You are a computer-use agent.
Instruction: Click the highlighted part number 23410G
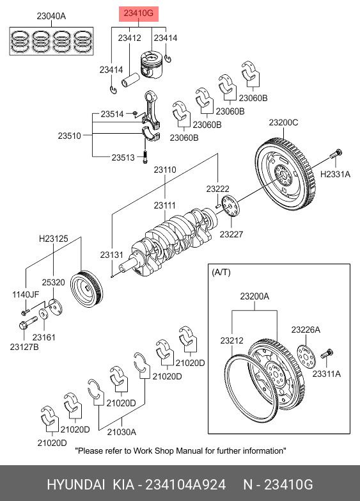click(139, 13)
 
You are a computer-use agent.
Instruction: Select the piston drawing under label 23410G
click(151, 65)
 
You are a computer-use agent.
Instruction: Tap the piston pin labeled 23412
click(130, 80)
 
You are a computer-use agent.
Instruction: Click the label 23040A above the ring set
click(51, 16)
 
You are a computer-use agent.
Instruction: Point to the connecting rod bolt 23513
click(145, 157)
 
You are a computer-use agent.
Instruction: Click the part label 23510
click(69, 136)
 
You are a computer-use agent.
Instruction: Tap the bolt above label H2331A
click(336, 154)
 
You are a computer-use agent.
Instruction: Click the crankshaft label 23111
click(165, 205)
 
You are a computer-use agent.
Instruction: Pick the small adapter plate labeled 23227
click(230, 206)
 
